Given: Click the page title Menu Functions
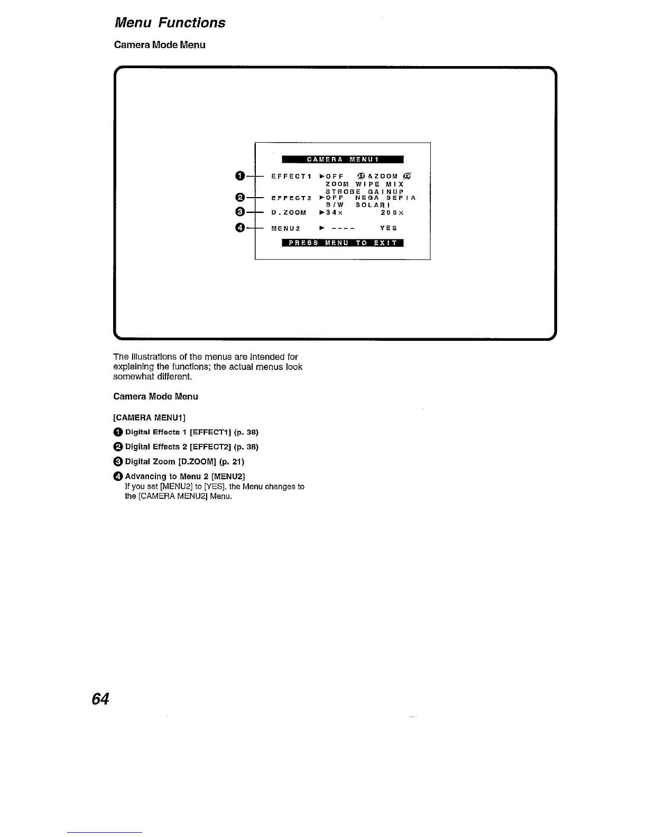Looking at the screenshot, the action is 170,23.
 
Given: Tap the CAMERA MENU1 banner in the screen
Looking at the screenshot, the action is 343,160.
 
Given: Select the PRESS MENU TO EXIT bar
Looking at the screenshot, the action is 343,243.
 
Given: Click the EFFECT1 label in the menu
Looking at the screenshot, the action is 289,176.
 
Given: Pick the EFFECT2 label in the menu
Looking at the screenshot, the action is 289,198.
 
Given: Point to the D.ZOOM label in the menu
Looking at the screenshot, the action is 289,212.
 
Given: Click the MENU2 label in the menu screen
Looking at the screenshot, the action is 285,228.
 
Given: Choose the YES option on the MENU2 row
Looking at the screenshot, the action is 389,228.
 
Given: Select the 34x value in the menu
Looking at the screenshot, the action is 334,212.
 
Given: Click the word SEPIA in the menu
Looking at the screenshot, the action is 398,198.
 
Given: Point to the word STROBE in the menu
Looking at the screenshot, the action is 343,191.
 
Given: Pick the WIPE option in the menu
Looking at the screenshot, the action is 368,184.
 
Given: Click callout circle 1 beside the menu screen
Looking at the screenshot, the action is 240,176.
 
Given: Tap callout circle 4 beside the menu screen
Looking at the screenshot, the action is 240,228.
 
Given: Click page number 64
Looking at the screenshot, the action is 100,699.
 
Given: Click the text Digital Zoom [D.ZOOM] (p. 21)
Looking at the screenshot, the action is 184,461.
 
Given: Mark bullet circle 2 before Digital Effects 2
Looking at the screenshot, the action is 118,447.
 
